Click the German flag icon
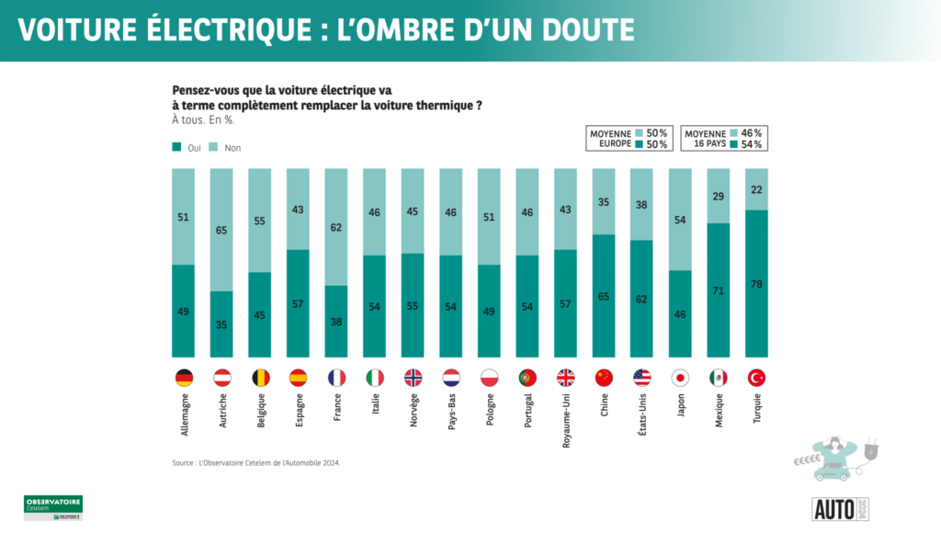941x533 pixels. [x=184, y=378]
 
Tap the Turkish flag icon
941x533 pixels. [x=757, y=378]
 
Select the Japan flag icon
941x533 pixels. [x=681, y=378]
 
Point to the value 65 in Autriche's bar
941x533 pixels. [x=221, y=230]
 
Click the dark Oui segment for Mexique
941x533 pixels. [x=719, y=289]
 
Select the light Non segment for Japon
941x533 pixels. [x=681, y=220]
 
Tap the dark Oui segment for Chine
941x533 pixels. [x=604, y=296]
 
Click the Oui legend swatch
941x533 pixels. [x=176, y=147]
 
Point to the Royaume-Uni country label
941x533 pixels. [x=566, y=420]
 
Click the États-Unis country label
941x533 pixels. [x=642, y=418]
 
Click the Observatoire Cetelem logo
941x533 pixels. [x=52, y=507]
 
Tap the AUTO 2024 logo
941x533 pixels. [x=840, y=507]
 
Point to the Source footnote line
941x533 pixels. [x=256, y=462]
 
